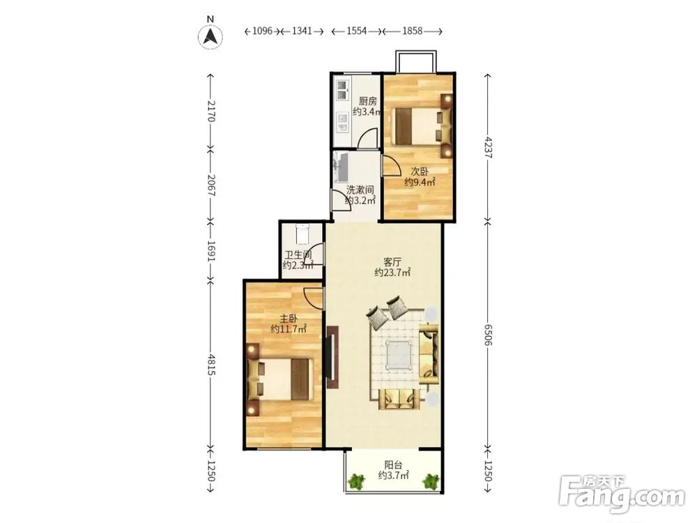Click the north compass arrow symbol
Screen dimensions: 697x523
pyautogui.click(x=210, y=36)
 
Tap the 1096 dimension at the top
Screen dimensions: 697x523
pyautogui.click(x=262, y=31)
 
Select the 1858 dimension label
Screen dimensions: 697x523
pyautogui.click(x=412, y=31)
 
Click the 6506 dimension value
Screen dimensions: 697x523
pyautogui.click(x=488, y=335)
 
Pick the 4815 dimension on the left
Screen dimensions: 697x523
pyautogui.click(x=211, y=365)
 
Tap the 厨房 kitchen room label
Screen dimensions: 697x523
pyautogui.click(x=367, y=101)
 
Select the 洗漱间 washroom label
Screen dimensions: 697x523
pyautogui.click(x=360, y=190)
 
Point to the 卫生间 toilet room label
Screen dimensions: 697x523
pyautogui.click(x=298, y=255)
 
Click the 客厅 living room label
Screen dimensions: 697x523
pyautogui.click(x=392, y=261)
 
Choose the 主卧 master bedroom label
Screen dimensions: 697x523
pyautogui.click(x=289, y=319)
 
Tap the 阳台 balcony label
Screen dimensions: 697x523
pyautogui.click(x=393, y=465)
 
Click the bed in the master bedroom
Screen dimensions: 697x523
pyautogui.click(x=279, y=379)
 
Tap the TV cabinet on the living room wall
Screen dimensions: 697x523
pyautogui.click(x=332, y=357)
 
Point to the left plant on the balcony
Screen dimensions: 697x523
pyautogui.click(x=355, y=481)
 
